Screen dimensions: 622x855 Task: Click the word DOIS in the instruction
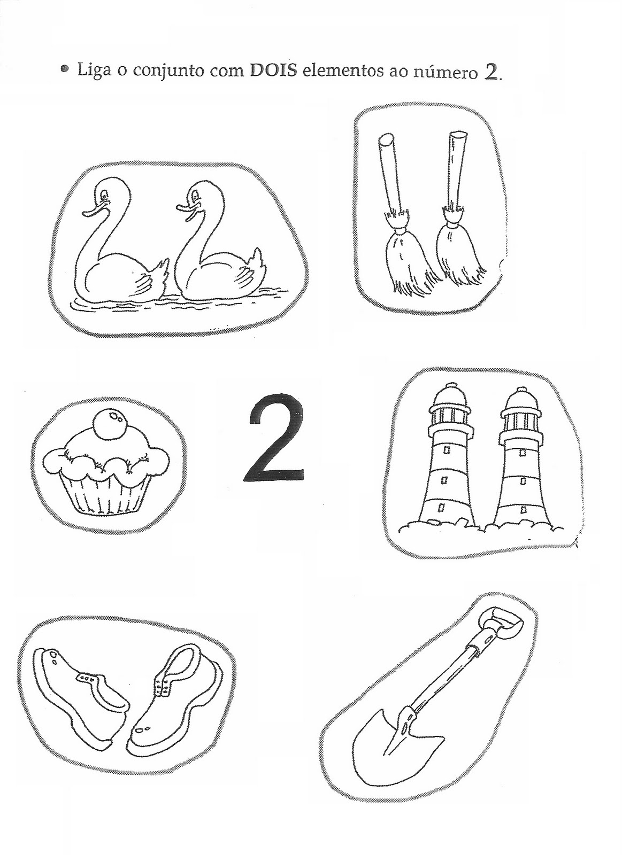coord(273,71)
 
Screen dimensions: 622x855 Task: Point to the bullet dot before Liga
coord(66,69)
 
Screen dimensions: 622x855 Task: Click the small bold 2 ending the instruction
coord(492,71)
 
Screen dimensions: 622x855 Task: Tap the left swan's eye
coord(103,196)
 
